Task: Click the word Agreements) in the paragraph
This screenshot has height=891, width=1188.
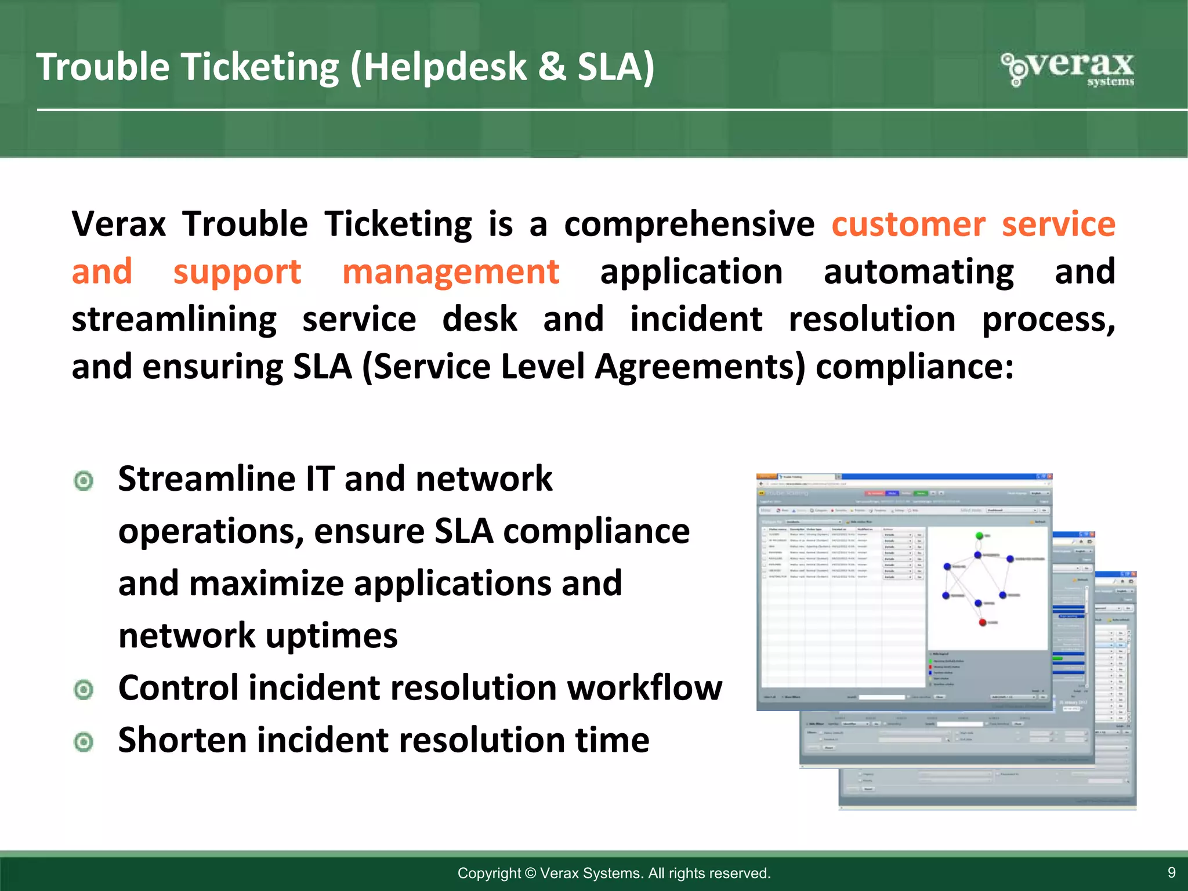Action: tap(700, 367)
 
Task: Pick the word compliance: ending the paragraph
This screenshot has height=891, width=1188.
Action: tap(915, 367)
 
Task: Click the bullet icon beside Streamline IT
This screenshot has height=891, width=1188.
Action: tap(84, 480)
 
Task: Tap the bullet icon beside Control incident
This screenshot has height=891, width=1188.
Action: tap(84, 690)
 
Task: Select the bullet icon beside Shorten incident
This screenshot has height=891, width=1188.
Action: tap(84, 742)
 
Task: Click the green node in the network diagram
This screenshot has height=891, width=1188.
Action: tap(979, 535)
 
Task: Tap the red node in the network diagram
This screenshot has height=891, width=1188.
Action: tap(982, 622)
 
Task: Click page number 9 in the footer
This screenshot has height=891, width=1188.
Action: tap(1171, 872)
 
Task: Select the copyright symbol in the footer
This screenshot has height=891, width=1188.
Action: tap(530, 873)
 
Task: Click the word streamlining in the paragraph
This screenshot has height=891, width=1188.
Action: tap(174, 319)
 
